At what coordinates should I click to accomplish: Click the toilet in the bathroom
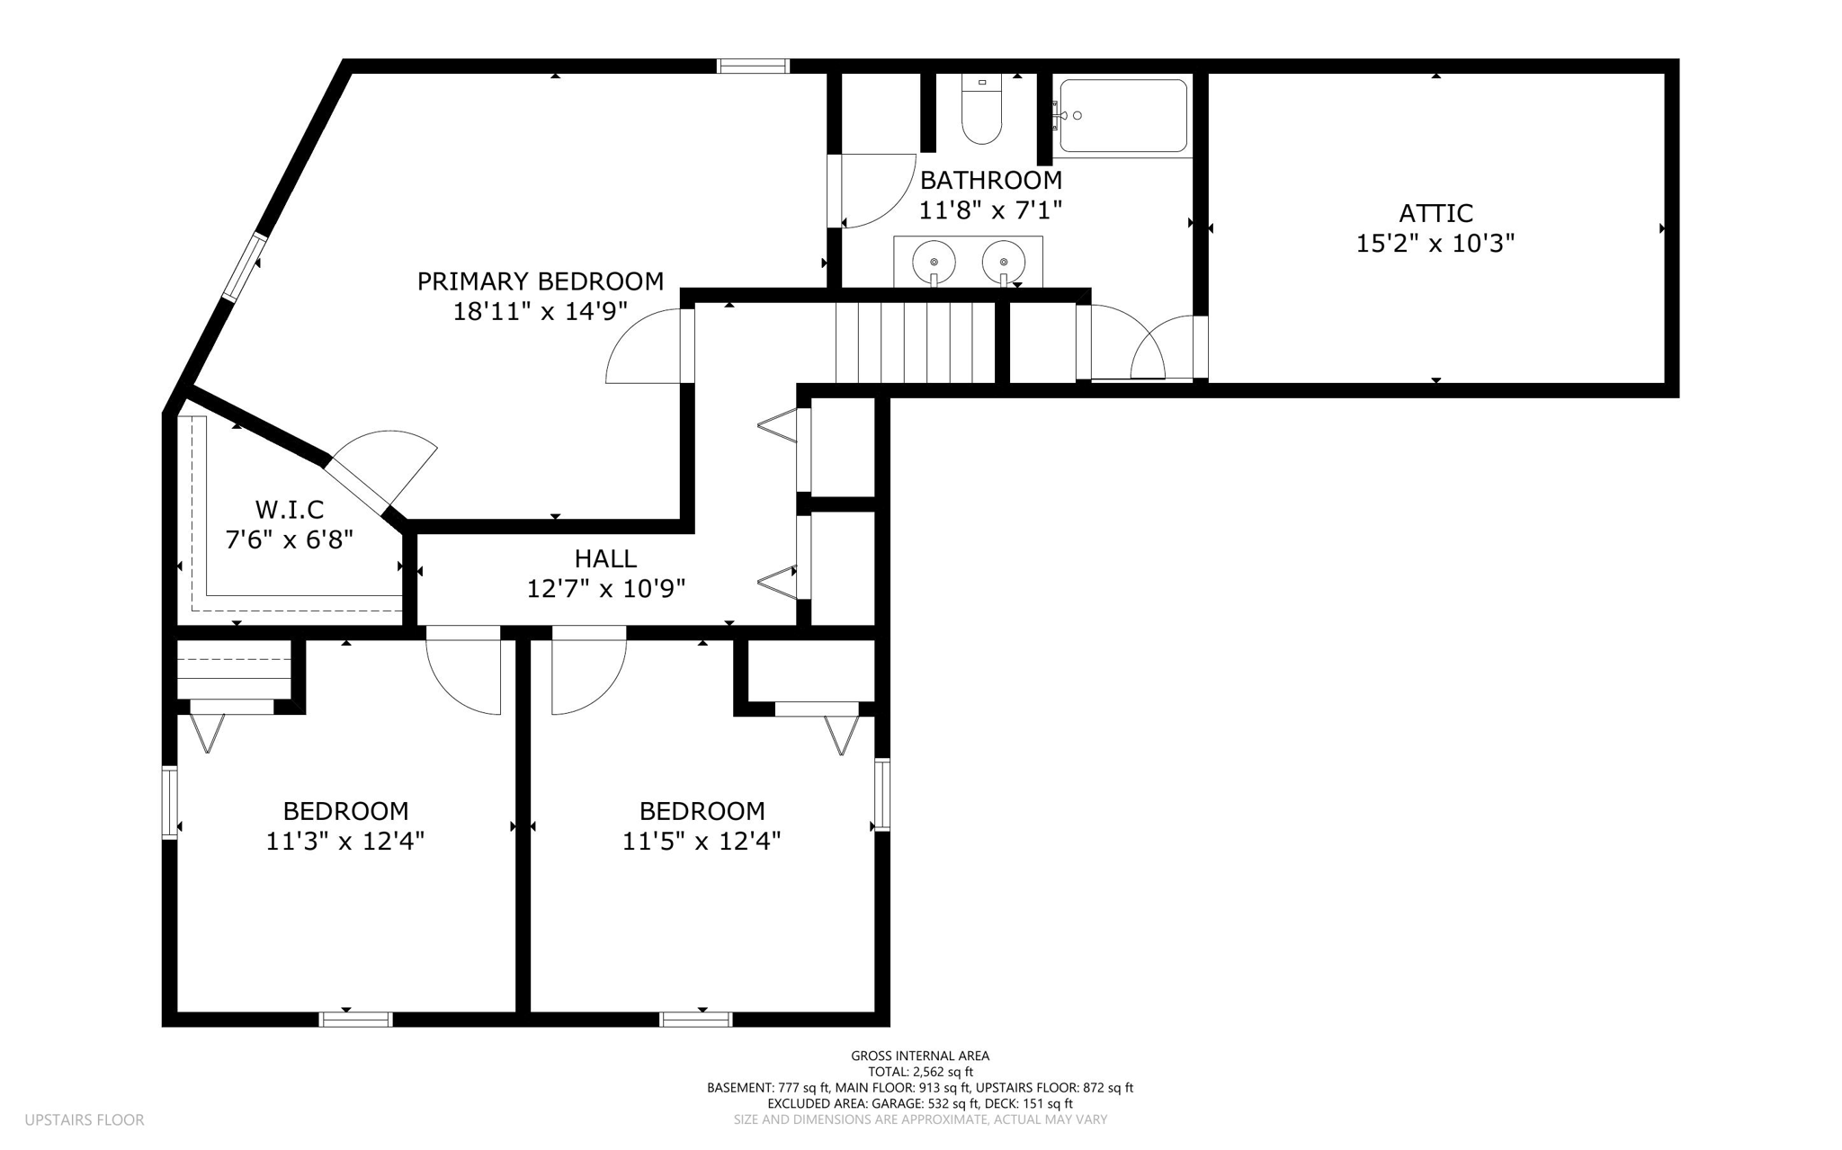(981, 109)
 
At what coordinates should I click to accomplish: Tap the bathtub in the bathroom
(1123, 115)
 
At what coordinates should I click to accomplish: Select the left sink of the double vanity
(934, 262)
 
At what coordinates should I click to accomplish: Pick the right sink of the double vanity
(1004, 262)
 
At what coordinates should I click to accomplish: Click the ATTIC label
(1435, 213)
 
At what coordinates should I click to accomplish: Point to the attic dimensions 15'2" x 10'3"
(1435, 244)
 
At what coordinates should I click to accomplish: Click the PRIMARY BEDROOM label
(540, 281)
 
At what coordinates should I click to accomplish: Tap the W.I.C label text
(289, 510)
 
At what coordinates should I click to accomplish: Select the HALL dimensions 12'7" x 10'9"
(605, 589)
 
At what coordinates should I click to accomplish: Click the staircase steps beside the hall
(915, 343)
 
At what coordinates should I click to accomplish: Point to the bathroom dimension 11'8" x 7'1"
(990, 210)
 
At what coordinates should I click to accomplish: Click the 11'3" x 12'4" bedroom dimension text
(345, 842)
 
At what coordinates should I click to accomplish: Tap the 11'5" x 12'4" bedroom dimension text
(702, 842)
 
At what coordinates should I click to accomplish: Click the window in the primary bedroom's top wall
(753, 66)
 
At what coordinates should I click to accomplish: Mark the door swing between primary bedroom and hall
(643, 346)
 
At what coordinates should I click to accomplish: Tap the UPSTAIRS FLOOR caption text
(85, 1120)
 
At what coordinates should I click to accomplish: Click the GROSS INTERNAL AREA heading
(920, 1056)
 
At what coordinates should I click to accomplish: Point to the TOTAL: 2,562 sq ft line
(920, 1072)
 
